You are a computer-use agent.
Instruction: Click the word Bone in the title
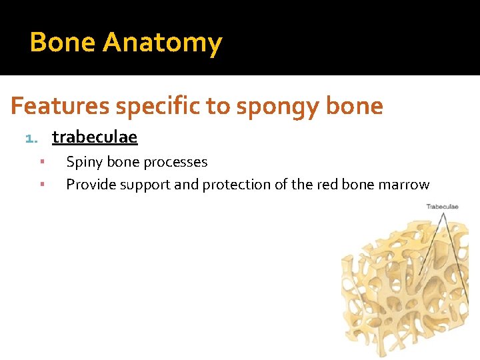pyautogui.click(x=63, y=43)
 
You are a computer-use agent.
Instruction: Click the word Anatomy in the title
pyautogui.click(x=162, y=43)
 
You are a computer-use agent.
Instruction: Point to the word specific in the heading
pyautogui.click(x=151, y=107)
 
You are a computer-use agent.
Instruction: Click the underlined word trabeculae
pyautogui.click(x=95, y=137)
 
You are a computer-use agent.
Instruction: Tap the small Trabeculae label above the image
pyautogui.click(x=442, y=207)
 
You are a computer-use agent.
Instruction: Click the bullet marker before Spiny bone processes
pyautogui.click(x=41, y=162)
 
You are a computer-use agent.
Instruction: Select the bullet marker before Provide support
pyautogui.click(x=41, y=185)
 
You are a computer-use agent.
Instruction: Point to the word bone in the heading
pyautogui.click(x=356, y=106)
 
